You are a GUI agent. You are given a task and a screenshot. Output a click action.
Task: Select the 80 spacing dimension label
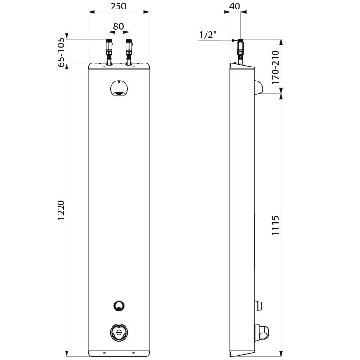pos(118,27)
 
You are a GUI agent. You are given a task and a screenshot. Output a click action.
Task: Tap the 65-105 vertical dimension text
pos(61,52)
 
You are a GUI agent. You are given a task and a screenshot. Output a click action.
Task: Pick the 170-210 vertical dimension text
pos(276,68)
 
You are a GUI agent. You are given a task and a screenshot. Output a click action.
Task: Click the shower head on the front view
pos(119,89)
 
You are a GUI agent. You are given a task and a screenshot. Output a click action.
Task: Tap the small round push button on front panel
pos(119,306)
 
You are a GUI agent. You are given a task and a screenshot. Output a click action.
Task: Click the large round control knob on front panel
pos(119,332)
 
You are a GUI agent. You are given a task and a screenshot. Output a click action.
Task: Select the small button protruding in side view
pos(259,306)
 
